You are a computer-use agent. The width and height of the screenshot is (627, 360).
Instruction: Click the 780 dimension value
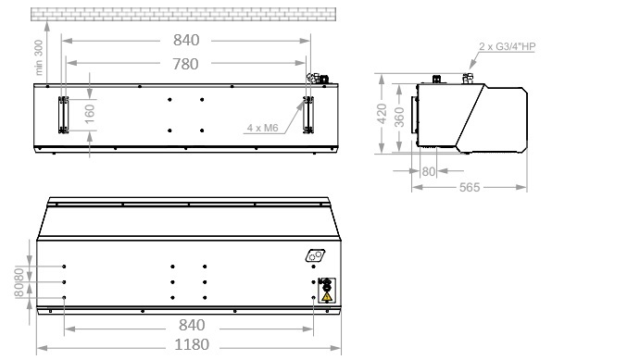(185, 64)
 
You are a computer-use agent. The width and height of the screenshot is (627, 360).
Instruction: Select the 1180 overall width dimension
(192, 344)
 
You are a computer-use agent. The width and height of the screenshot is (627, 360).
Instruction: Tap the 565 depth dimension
(470, 187)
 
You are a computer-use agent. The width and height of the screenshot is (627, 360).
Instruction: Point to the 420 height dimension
(382, 114)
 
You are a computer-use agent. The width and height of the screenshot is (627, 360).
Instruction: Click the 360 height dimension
(399, 117)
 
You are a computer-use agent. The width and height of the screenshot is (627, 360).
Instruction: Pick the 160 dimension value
(90, 114)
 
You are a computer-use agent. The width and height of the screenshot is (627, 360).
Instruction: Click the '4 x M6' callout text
(262, 128)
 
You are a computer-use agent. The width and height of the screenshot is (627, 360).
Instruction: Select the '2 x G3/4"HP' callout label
(507, 46)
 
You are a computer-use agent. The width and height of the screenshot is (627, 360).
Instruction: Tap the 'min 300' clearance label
(38, 57)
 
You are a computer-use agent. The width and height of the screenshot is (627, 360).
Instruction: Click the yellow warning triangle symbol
(327, 296)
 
